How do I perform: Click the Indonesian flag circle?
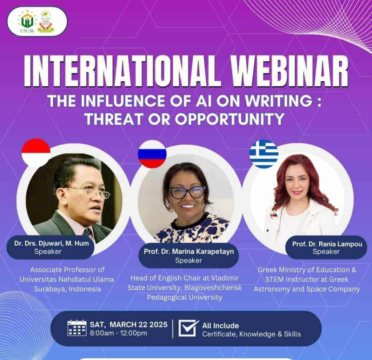tap(36, 153)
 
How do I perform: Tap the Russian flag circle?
tap(152, 154)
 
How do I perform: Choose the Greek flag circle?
tap(264, 154)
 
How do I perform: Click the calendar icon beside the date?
tap(77, 328)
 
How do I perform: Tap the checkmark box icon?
tap(189, 328)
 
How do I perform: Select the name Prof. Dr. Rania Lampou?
tap(327, 244)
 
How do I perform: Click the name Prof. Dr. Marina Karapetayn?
tap(189, 251)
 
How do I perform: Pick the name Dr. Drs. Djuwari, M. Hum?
tap(52, 244)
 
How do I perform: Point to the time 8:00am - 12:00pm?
tap(118, 333)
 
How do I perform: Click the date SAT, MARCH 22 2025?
tap(129, 324)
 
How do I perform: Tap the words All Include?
tap(221, 326)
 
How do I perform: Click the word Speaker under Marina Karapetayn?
tap(189, 261)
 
